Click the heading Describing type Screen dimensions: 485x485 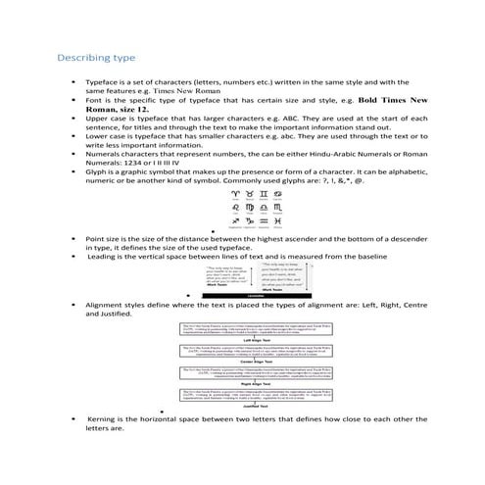[96, 57]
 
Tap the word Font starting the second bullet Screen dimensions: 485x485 [95, 100]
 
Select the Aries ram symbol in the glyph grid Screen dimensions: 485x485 [233, 194]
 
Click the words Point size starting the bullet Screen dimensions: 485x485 [104, 238]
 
